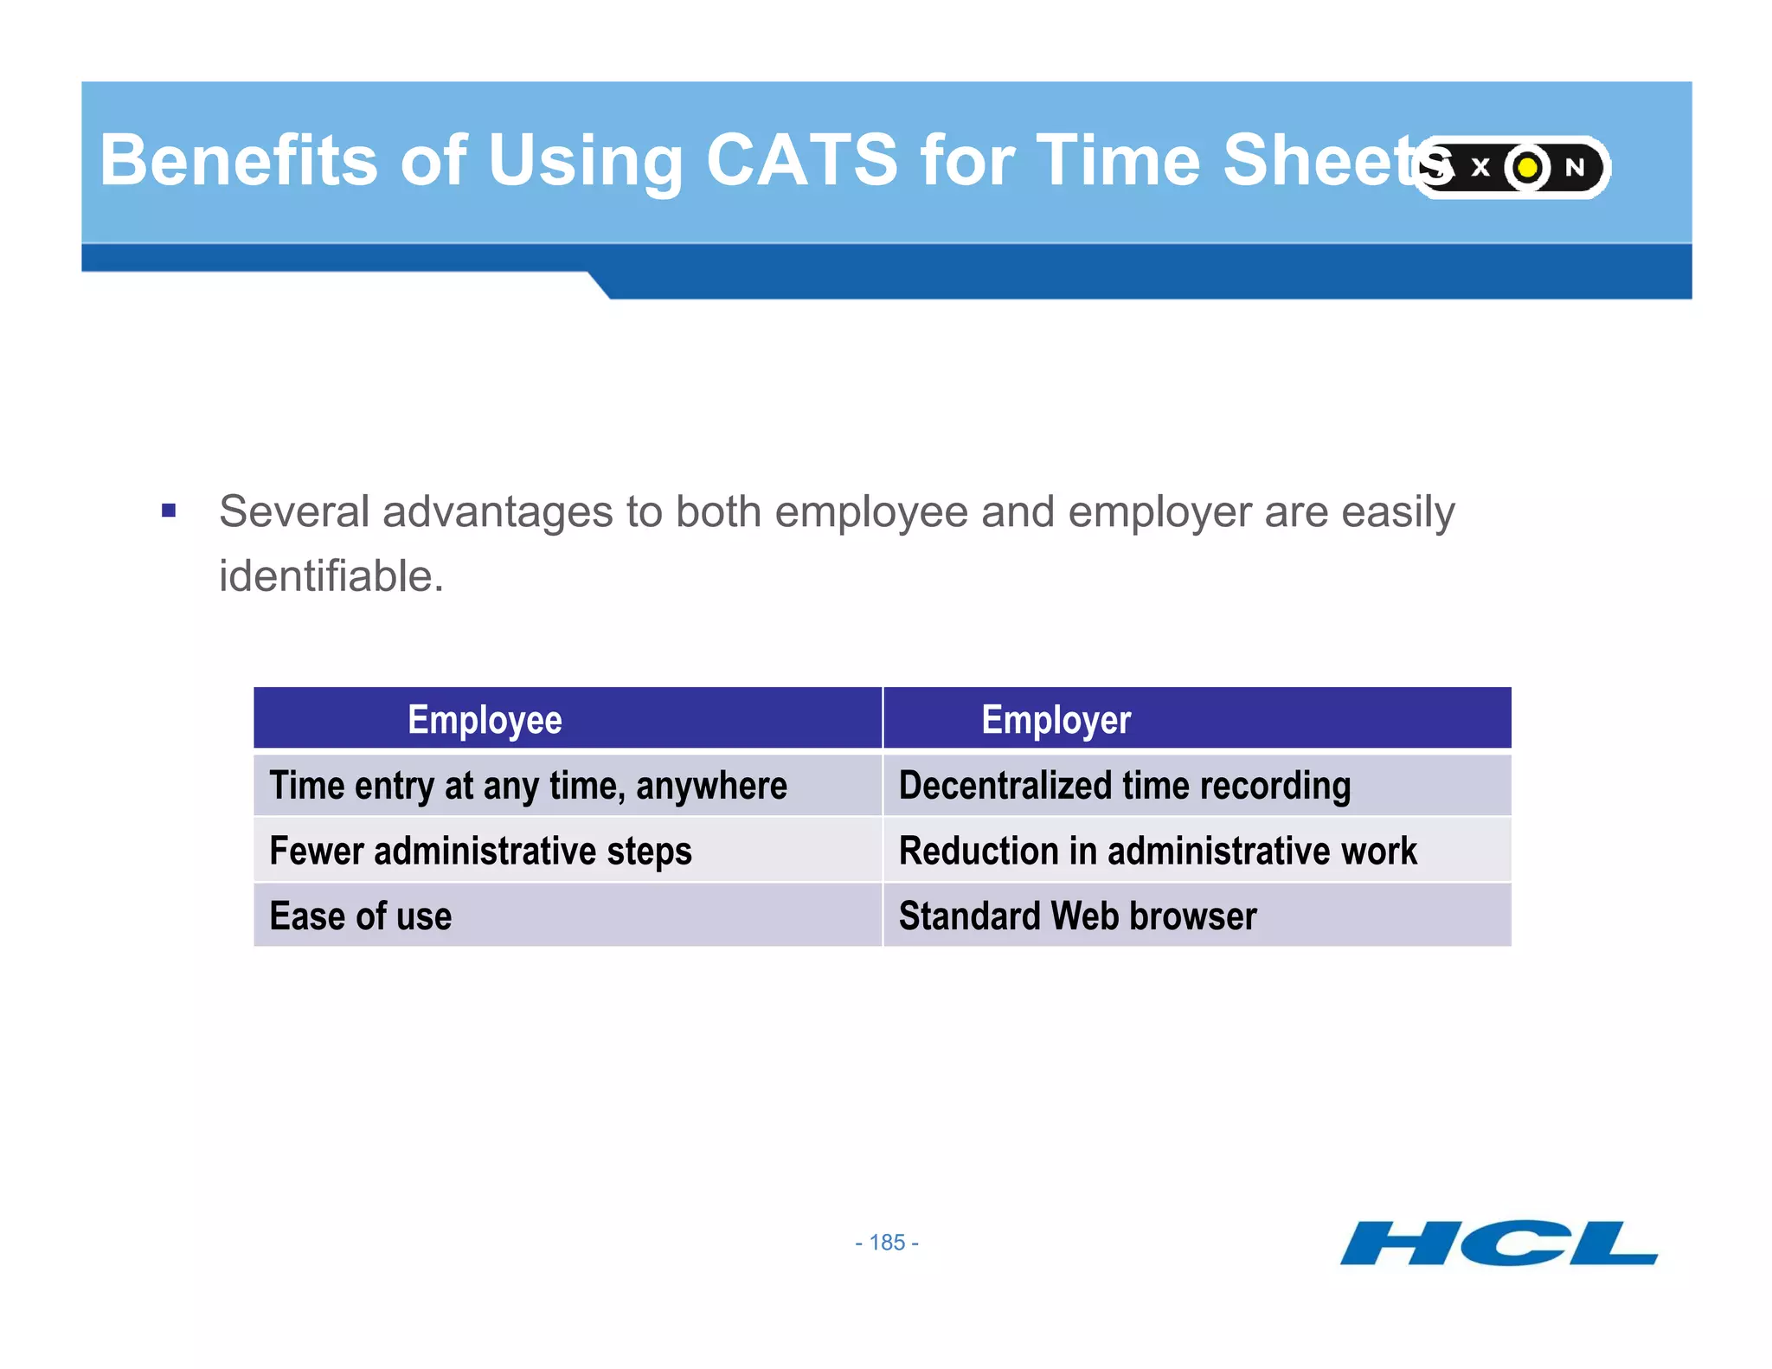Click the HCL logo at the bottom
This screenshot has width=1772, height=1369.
pos(1499,1244)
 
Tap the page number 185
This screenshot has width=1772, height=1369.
pos(887,1243)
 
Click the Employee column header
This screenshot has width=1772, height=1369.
pos(485,720)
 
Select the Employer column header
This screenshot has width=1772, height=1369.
pos(1056,720)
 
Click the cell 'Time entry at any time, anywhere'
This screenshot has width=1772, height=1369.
pos(528,786)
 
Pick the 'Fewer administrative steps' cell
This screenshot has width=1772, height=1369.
pos(480,851)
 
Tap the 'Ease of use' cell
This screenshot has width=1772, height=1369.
pos(360,916)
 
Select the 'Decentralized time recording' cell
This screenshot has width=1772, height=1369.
pos(1124,786)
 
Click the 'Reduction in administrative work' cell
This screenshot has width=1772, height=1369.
pos(1158,851)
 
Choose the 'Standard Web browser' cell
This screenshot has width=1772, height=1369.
pos(1077,916)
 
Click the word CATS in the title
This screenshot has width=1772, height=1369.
pos(802,160)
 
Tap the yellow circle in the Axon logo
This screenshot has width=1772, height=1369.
pos(1528,167)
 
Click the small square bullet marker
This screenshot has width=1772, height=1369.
pos(169,511)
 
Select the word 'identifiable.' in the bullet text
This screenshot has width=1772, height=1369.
pos(331,576)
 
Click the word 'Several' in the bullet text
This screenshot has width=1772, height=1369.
pos(294,511)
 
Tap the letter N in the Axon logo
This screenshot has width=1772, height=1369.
pos(1575,167)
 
